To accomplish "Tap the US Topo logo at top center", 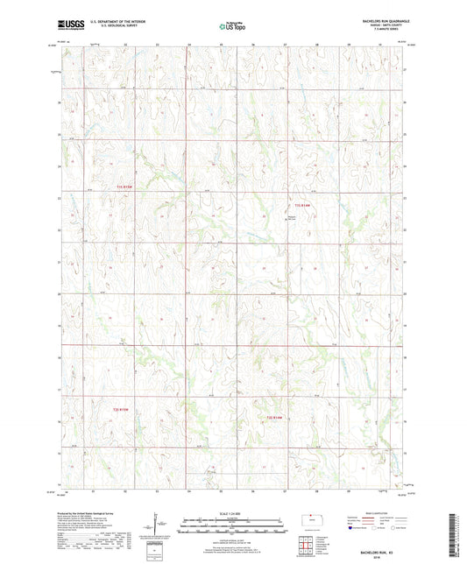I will coord(233,26).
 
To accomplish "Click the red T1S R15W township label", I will coord(127,186).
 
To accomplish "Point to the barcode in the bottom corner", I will coord(458,535).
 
